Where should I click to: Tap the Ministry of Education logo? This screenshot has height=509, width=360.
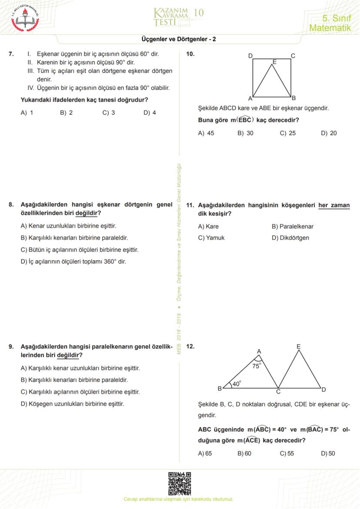click(x=26, y=18)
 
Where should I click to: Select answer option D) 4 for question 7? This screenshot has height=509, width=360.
click(x=150, y=113)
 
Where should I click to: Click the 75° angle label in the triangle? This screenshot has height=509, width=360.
click(x=257, y=366)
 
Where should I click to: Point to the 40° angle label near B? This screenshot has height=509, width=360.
click(x=237, y=384)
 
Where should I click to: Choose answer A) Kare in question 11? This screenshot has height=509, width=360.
click(x=208, y=226)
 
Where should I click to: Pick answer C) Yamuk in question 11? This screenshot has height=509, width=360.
click(x=211, y=238)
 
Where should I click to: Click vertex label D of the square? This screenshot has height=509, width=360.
click(x=250, y=56)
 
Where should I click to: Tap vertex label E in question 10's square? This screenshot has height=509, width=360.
click(x=274, y=62)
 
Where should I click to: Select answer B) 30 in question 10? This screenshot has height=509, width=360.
click(x=245, y=133)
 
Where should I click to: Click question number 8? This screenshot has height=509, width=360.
click(x=11, y=204)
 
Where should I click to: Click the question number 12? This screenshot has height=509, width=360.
click(x=190, y=346)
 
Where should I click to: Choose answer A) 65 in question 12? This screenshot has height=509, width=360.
click(x=205, y=453)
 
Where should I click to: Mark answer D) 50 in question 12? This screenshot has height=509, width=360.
click(x=328, y=453)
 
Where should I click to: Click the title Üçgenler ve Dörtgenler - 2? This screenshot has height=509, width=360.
click(x=179, y=39)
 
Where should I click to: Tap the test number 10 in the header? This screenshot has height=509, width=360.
click(x=198, y=13)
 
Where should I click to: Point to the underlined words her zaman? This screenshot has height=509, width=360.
click(x=334, y=205)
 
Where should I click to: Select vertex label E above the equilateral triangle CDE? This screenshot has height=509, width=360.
click(x=299, y=346)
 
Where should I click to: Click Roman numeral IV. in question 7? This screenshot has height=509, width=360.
click(x=31, y=88)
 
